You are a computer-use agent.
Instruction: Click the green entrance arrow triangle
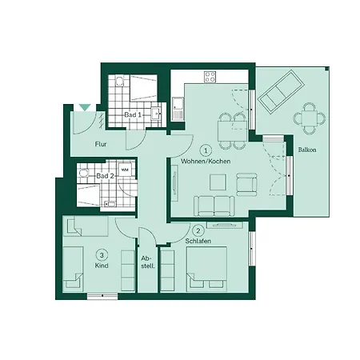coord(85,107)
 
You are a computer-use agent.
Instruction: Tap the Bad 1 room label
coord(133,115)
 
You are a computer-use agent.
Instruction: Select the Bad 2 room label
coord(105,176)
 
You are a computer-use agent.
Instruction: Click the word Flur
coord(101,144)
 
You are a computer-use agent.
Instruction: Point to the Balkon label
coord(307,150)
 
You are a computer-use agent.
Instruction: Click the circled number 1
coord(206,150)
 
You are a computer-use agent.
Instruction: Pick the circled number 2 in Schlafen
coord(198,230)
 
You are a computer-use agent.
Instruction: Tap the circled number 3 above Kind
coord(102,255)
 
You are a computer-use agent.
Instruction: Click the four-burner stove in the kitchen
coord(210,77)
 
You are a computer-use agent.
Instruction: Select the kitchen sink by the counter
coord(178,108)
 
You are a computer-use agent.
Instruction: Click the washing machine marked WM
coord(125,170)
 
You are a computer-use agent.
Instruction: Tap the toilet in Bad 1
coord(119,82)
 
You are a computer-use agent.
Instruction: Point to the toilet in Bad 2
coord(83,173)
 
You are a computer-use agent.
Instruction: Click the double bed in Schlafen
coord(206,269)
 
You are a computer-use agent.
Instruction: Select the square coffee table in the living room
coord(218,182)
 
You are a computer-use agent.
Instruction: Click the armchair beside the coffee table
coord(246,184)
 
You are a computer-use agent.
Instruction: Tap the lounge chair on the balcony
coord(282,92)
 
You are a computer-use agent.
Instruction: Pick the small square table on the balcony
coord(310,118)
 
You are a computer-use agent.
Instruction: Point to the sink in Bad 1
coord(156,114)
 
